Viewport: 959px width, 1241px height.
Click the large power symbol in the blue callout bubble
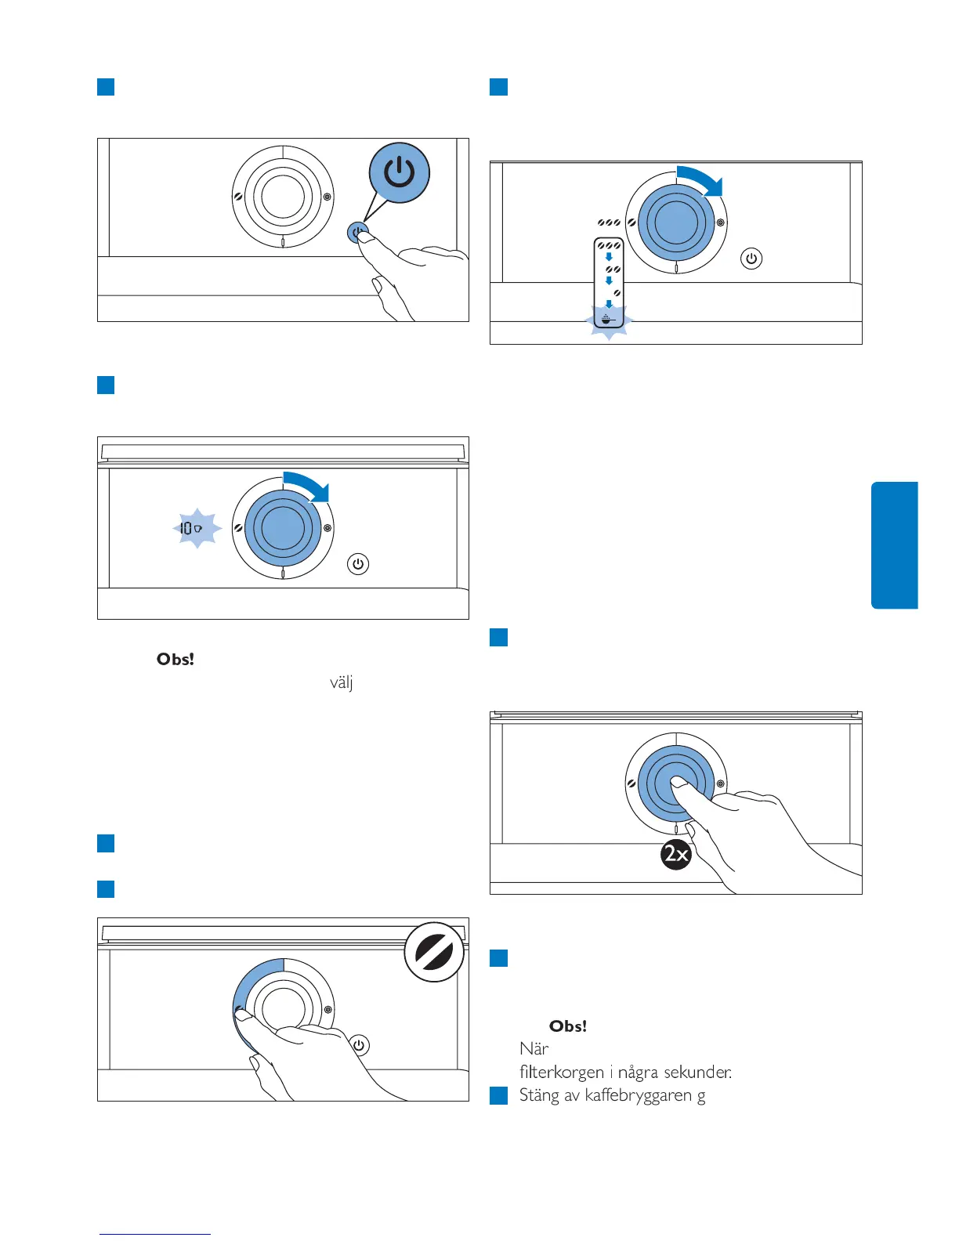point(400,172)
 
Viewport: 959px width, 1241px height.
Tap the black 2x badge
point(676,853)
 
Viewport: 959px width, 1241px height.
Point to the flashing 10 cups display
point(192,529)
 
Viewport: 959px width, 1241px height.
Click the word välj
point(341,682)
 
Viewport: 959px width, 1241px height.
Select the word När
point(534,1048)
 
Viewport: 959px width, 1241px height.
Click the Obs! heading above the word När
point(568,1026)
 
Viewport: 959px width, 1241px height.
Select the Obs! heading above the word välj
point(176,659)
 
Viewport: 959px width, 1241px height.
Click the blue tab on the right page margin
point(894,545)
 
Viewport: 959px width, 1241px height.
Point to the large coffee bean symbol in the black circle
point(434,951)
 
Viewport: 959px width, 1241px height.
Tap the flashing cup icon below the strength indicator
point(609,320)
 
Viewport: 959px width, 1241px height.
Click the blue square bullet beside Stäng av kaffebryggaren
point(498,1095)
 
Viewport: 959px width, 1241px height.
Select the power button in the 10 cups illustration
point(358,564)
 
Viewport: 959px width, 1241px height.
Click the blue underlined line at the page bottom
point(154,1234)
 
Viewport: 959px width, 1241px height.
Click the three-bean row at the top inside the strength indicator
point(609,245)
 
